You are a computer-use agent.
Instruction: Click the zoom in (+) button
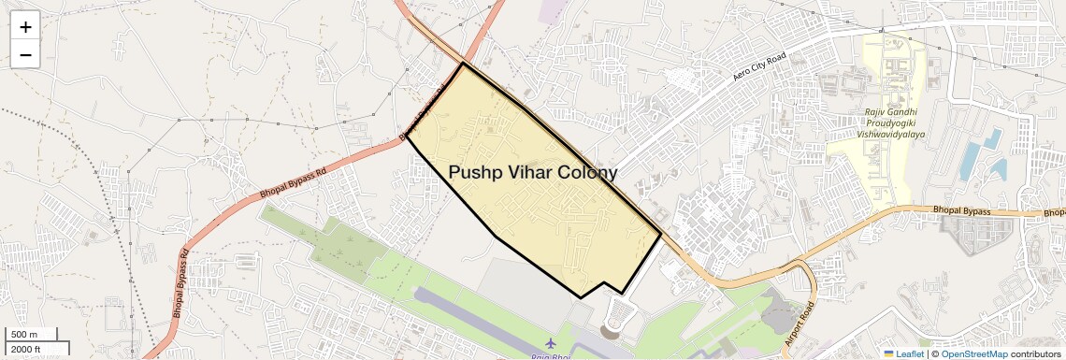[25, 27]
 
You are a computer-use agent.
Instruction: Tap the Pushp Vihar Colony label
[533, 173]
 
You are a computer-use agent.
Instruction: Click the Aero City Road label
[759, 65]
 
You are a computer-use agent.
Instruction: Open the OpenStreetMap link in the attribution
[973, 353]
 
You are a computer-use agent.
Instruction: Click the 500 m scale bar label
[24, 335]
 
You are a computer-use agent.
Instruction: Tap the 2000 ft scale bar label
[25, 350]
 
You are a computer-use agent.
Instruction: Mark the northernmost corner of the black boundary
[463, 64]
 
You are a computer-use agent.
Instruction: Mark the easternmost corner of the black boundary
[662, 233]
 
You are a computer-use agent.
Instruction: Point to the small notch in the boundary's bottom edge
[604, 282]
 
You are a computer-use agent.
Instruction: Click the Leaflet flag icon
[889, 353]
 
